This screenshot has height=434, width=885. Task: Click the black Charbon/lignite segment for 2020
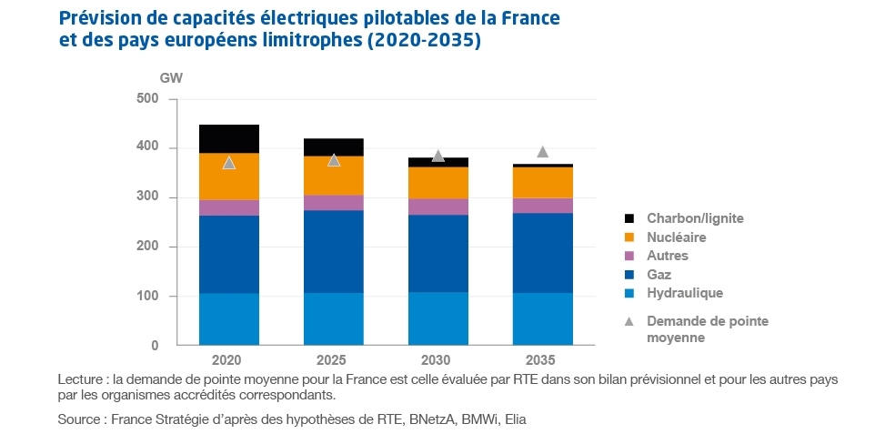[229, 138]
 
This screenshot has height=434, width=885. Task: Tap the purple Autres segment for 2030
[438, 207]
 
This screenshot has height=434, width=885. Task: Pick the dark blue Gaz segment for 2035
[543, 253]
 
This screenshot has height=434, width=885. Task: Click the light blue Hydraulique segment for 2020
[229, 319]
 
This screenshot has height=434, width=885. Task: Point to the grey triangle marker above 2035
[543, 152]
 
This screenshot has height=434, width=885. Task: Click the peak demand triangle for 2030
[438, 156]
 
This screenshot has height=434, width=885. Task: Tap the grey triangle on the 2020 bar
[229, 163]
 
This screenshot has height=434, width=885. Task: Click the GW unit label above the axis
[171, 77]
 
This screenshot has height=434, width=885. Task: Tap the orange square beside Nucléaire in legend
[629, 237]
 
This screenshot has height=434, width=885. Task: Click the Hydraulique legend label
[685, 293]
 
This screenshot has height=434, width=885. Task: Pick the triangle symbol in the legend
[629, 321]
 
